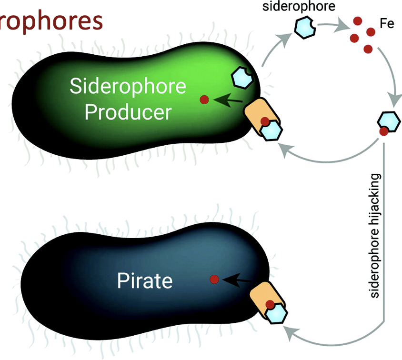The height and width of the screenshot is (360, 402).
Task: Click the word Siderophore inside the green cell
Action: click(x=128, y=87)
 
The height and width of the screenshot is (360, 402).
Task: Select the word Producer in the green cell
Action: click(x=128, y=112)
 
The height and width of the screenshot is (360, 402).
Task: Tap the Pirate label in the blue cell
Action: click(x=144, y=281)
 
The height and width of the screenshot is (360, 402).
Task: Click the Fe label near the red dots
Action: click(x=387, y=23)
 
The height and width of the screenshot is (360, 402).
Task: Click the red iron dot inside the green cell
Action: click(x=204, y=100)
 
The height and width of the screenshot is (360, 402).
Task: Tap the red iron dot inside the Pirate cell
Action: click(x=214, y=279)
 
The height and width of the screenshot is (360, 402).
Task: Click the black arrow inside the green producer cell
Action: click(x=229, y=100)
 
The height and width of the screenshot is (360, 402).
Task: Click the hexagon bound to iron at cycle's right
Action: click(x=389, y=122)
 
